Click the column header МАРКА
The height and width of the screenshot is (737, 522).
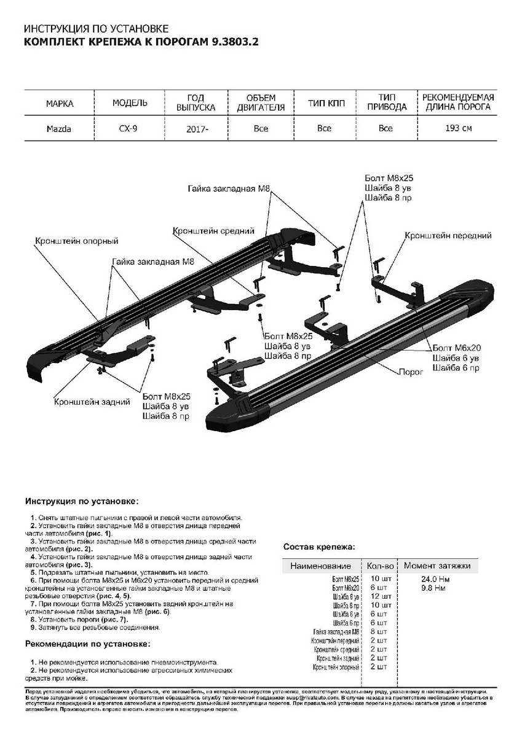pos(60,103)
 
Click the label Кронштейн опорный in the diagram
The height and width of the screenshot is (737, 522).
pos(77,241)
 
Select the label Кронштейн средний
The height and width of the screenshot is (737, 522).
pos(214,232)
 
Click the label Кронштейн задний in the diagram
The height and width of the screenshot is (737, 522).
pos(92,402)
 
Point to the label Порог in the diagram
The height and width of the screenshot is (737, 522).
pos(409,372)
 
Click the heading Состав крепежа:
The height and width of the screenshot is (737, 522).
pos(319,546)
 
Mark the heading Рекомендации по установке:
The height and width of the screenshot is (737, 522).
pos(87,644)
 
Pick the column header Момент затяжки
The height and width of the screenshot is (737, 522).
pos(437,566)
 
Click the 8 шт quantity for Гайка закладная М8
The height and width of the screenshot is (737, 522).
pos(378,631)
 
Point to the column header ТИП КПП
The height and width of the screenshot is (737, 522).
pos(324,103)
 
